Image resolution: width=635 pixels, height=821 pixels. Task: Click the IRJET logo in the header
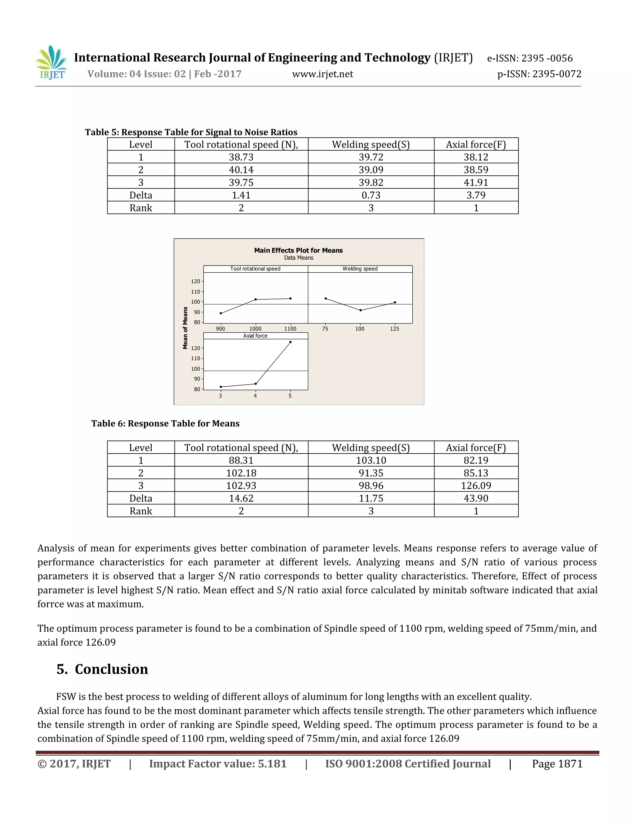[51, 63]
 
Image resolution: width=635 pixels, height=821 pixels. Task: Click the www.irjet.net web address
[322, 74]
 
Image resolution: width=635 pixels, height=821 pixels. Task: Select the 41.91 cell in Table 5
[476, 183]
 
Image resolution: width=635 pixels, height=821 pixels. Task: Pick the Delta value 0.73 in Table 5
[371, 195]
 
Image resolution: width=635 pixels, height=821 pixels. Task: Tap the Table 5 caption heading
[191, 132]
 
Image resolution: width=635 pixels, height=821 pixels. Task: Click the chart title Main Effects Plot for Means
[298, 250]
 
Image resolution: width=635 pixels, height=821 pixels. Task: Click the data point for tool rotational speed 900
[221, 313]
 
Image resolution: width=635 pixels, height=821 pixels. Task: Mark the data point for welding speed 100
[360, 310]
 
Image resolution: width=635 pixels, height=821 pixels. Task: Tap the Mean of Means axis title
[185, 328]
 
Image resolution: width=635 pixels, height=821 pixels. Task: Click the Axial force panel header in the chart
[255, 336]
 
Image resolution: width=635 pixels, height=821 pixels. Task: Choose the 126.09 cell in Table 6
[476, 486]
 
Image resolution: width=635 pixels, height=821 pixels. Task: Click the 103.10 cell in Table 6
[371, 460]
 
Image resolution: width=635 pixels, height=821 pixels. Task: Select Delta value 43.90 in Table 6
[476, 498]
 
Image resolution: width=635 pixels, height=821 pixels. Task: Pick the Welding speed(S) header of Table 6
[371, 448]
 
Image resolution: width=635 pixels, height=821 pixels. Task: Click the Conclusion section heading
[102, 670]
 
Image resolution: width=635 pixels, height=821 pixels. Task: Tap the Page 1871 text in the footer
[557, 764]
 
